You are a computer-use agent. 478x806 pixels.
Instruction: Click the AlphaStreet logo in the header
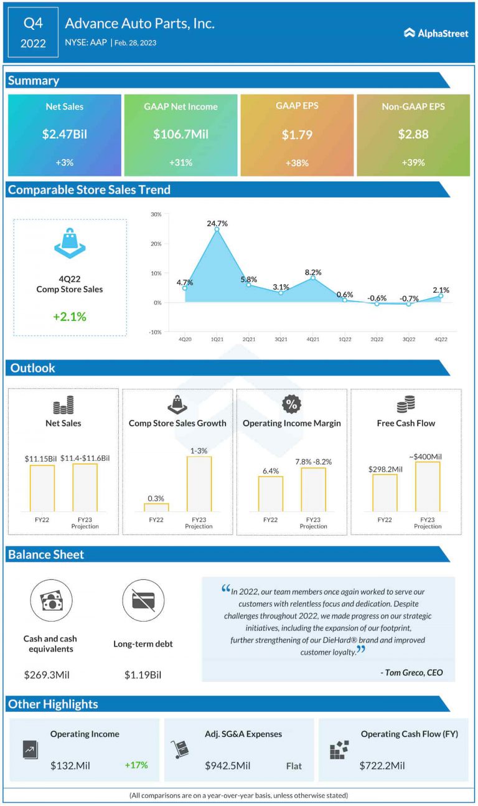(436, 33)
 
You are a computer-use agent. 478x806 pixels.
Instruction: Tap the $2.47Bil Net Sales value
(64, 134)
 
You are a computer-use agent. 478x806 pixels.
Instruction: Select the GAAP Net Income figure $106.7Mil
(180, 134)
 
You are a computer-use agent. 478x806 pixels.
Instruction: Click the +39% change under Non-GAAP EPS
(413, 163)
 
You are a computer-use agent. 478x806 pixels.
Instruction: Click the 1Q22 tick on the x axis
(345, 339)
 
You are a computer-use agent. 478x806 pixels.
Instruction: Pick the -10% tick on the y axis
(155, 332)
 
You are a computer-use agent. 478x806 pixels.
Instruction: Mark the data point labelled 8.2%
(313, 278)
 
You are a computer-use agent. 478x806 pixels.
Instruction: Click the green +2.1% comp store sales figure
(70, 316)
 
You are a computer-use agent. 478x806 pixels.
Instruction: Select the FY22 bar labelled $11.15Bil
(42, 488)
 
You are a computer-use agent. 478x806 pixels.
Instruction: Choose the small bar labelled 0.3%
(156, 507)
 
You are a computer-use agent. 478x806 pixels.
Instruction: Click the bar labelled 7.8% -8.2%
(313, 490)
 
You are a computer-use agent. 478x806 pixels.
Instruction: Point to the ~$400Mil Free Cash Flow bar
(428, 486)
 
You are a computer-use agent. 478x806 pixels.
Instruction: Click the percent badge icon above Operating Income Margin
(291, 405)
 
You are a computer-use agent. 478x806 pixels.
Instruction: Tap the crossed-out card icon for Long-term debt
(143, 600)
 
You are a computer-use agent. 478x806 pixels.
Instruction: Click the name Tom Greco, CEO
(411, 673)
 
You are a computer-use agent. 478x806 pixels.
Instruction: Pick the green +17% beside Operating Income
(136, 764)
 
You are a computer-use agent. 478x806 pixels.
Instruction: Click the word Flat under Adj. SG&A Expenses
(294, 766)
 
